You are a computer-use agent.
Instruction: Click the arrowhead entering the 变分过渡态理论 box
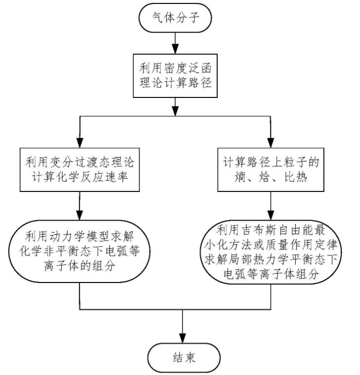[80, 143]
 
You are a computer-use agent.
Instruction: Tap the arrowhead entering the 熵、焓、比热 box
[270, 143]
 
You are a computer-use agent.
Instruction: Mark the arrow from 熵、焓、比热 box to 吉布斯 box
[270, 206]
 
